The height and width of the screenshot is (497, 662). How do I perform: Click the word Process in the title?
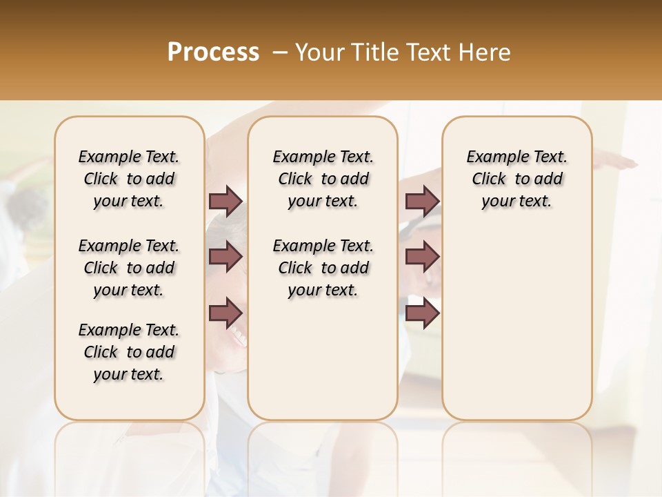pyautogui.click(x=213, y=52)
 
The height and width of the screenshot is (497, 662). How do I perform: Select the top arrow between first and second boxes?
pyautogui.click(x=225, y=201)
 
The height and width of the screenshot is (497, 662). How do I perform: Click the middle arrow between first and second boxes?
pyautogui.click(x=225, y=257)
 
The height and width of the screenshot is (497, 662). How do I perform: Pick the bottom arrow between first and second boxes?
pyautogui.click(x=225, y=313)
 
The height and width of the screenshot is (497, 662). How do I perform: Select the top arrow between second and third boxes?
pyautogui.click(x=422, y=201)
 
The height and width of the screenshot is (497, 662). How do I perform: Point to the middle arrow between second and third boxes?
pyautogui.click(x=422, y=257)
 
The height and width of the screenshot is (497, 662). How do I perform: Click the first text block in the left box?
pyautogui.click(x=129, y=179)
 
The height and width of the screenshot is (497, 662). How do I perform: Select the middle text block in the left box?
pyautogui.click(x=129, y=268)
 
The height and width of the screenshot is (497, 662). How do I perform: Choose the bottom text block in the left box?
pyautogui.click(x=129, y=352)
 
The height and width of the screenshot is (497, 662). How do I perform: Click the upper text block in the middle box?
pyautogui.click(x=323, y=179)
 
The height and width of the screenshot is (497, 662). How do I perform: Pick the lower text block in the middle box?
pyautogui.click(x=323, y=268)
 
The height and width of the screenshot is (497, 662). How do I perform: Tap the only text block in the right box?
pyautogui.click(x=516, y=179)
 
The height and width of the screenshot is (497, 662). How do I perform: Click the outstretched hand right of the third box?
pyautogui.click(x=617, y=163)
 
